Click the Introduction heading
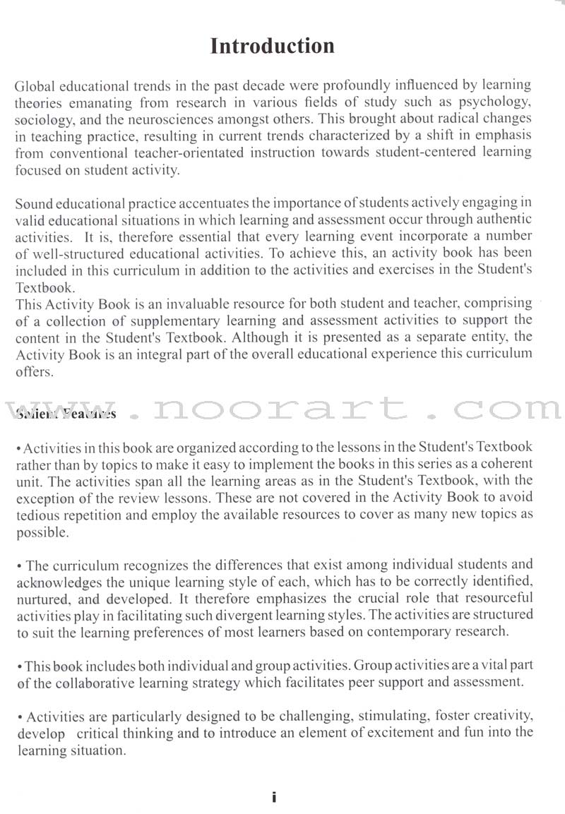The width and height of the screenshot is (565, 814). click(x=272, y=47)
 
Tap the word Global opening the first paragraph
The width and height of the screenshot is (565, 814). click(x=32, y=86)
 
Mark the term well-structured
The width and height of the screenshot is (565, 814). click(x=64, y=253)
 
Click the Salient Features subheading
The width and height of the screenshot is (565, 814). click(x=65, y=414)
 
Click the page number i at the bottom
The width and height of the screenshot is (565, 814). click(x=274, y=797)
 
